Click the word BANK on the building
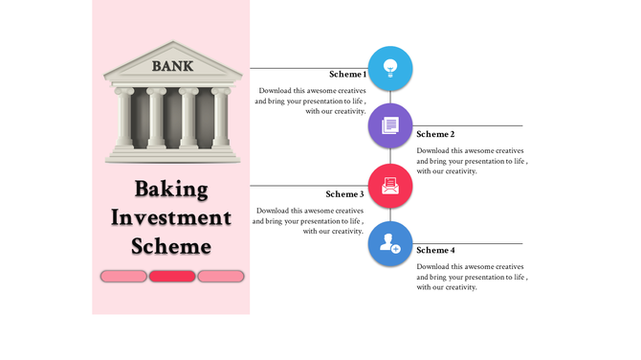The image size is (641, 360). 172,66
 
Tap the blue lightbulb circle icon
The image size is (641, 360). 390,68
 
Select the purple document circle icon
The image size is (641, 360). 390,125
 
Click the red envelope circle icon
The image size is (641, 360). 390,185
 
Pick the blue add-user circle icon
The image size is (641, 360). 390,244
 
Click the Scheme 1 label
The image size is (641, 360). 347,75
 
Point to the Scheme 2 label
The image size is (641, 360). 435,134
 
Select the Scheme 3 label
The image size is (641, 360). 344,194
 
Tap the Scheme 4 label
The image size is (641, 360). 435,250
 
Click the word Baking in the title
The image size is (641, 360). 171,190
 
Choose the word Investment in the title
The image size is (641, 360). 171,217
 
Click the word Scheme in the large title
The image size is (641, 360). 171,246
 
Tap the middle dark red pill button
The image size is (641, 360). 172,277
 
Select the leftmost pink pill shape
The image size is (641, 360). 123,277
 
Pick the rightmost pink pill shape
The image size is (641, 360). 221,277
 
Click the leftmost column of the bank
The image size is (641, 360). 124,119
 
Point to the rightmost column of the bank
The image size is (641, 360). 221,119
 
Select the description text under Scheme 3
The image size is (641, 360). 309,220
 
